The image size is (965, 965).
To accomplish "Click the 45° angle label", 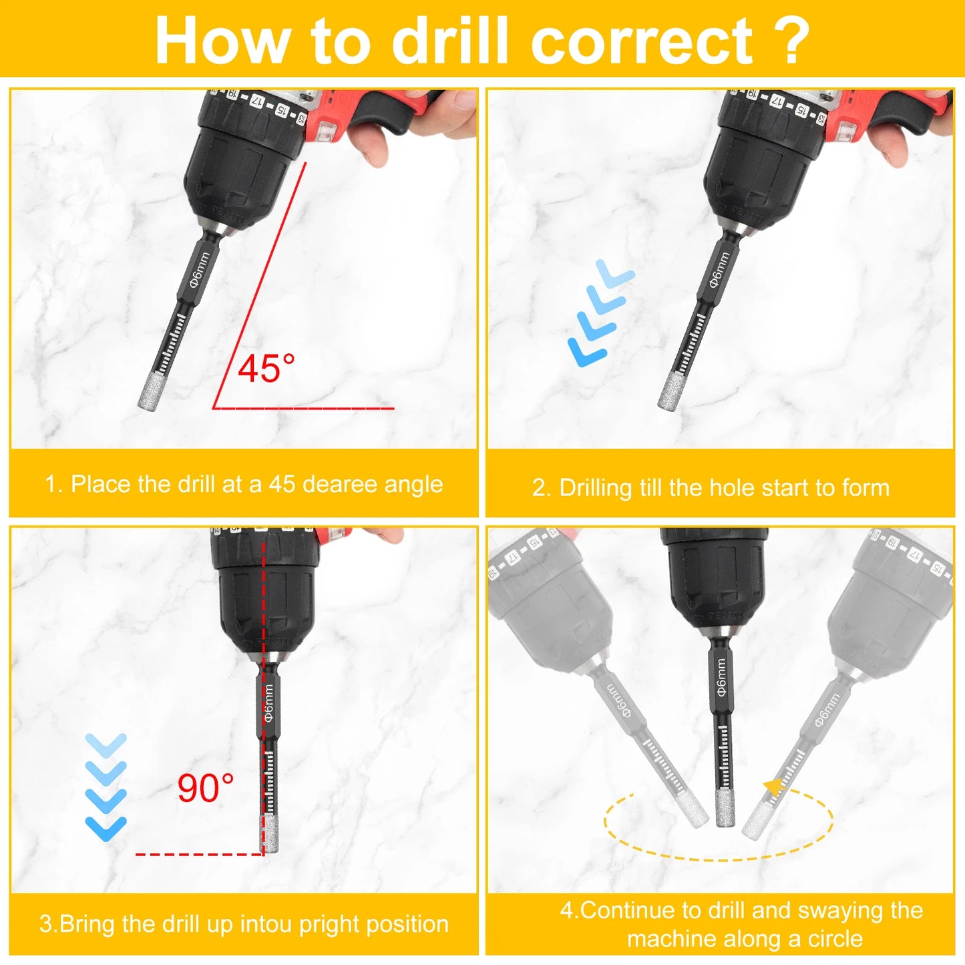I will click(x=266, y=369).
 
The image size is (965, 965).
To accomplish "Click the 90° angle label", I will click(x=205, y=788).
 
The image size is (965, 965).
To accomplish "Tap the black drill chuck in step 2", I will click(x=761, y=167).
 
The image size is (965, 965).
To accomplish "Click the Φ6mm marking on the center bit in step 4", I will click(x=721, y=678).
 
